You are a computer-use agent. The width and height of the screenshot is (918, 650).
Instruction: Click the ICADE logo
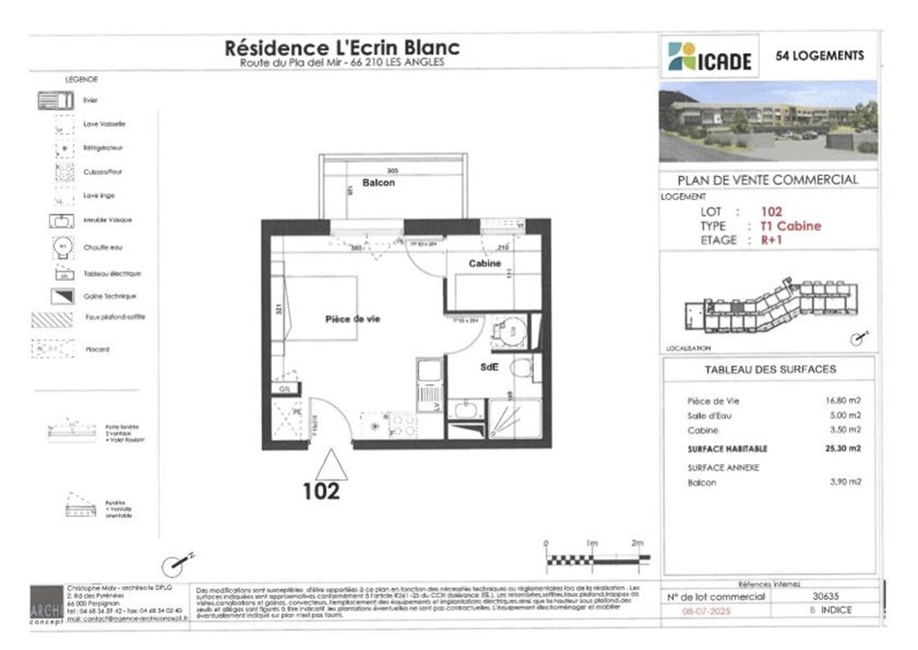point(708,57)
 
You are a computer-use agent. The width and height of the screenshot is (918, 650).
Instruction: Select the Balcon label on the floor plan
point(379,182)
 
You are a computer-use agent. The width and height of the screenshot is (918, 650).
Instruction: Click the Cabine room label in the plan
point(485,263)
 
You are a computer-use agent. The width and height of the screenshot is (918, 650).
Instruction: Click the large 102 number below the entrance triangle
point(320,491)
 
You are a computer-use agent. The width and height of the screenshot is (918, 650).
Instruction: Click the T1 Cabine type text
point(790,226)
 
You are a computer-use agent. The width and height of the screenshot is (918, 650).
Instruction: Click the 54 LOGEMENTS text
point(819,56)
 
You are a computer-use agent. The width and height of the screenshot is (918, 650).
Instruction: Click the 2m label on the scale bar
point(638,543)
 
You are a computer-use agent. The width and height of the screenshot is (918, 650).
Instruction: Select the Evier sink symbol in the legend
point(55,101)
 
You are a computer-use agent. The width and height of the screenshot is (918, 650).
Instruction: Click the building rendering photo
point(768,120)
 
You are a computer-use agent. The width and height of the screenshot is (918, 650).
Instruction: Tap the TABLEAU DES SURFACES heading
point(767,369)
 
